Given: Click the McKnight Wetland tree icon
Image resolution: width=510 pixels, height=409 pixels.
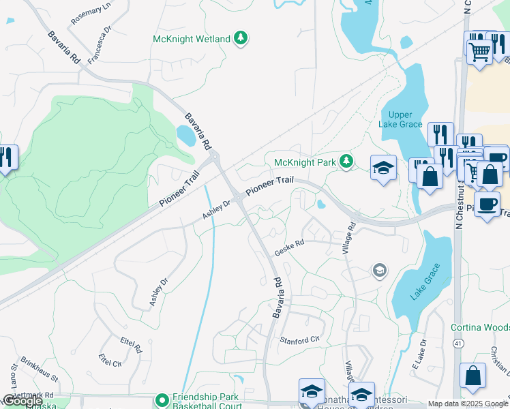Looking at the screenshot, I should tap(240, 39).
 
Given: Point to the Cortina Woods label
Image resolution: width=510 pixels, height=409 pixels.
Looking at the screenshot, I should tap(480, 327).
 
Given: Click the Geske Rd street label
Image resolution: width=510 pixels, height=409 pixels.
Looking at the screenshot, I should tap(288, 250).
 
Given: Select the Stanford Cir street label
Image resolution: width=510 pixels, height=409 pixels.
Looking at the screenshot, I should tap(299, 339).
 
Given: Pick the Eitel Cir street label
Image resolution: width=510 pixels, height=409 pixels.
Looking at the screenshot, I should tap(110, 359).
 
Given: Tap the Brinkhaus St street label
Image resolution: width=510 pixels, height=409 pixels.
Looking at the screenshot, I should tap(40, 368).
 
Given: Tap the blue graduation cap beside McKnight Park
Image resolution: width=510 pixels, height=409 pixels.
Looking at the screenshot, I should tap(383, 168).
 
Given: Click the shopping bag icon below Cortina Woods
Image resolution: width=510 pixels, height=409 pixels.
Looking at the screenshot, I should tap(472, 376).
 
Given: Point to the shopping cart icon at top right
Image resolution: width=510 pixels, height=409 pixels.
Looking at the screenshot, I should tap(479, 50).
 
